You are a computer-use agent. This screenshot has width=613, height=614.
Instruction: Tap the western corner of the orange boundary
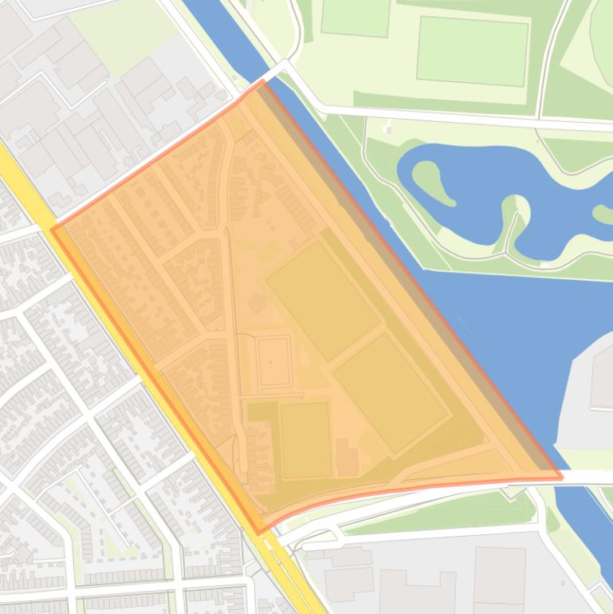tap(53, 230)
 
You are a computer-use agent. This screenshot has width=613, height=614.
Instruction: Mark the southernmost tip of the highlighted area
tap(258, 532)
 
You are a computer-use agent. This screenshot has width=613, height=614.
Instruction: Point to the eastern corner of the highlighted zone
tap(561, 478)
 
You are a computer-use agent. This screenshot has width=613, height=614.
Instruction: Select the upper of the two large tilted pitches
tap(323, 300)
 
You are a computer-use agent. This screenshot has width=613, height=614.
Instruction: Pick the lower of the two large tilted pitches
tap(390, 394)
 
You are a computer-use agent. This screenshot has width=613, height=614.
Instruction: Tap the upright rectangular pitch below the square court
tap(305, 440)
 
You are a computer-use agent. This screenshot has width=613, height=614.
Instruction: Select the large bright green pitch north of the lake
tap(472, 50)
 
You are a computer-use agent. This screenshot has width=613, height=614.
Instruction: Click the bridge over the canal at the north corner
tap(274, 73)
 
